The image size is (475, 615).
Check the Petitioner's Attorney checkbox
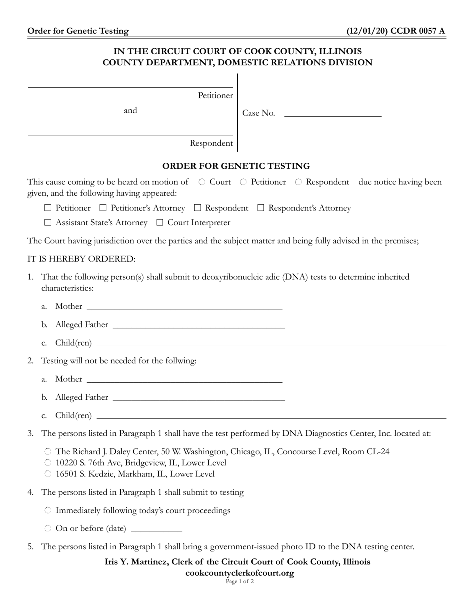click(103, 208)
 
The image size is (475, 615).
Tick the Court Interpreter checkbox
click(160, 223)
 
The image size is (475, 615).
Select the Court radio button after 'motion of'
click(202, 182)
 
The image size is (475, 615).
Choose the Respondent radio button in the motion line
click(298, 182)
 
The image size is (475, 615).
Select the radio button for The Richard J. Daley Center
click(48, 452)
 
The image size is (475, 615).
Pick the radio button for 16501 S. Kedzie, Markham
click(48, 474)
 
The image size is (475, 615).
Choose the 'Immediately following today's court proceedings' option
click(48, 511)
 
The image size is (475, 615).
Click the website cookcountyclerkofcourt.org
click(239, 573)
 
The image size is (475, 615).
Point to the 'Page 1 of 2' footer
click(239, 581)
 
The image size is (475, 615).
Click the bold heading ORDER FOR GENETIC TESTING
click(236, 166)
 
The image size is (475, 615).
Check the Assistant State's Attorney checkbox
click(48, 223)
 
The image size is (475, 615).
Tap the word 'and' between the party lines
click(130, 111)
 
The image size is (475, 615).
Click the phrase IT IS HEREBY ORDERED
click(81, 259)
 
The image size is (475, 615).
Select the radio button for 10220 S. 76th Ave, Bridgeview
click(48, 463)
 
